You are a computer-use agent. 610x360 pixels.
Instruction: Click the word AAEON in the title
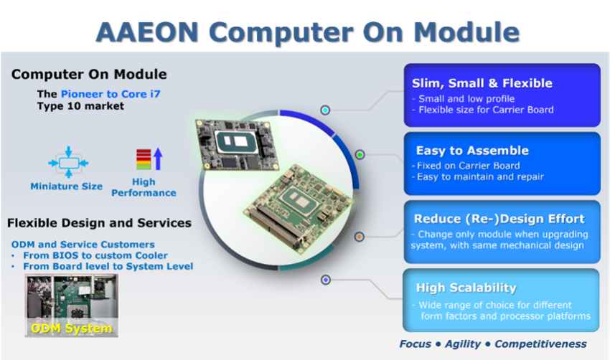pos(147,32)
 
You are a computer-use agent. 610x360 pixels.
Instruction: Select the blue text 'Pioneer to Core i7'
pos(111,94)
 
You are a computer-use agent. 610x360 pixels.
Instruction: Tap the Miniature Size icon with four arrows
pos(68,162)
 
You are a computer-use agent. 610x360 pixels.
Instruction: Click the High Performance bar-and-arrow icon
pos(149,158)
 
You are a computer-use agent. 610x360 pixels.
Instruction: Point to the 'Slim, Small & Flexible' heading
pos(482,83)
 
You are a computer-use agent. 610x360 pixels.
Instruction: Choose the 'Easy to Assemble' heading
pos(472,151)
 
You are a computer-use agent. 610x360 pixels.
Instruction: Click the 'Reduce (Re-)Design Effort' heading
pos(499,219)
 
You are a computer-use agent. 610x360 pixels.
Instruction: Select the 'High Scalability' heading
pos(466,288)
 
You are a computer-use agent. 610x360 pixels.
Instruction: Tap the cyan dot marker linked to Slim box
pos(325,110)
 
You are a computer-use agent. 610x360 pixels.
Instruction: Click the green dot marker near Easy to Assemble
pos(360,155)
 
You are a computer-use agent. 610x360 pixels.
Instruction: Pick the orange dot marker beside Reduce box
pos(359,237)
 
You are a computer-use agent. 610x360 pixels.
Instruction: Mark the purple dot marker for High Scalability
pos(326,280)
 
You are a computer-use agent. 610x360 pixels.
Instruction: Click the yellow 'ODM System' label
pos(72,328)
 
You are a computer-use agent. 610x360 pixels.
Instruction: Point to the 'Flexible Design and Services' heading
pos(99,223)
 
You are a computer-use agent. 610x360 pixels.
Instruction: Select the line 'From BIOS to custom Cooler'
pos(95,255)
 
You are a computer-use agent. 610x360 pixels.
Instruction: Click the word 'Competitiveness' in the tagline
pos(540,344)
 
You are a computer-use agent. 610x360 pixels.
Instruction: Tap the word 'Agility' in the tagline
pos(463,344)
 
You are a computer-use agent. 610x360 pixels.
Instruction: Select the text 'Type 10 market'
pos(80,106)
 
